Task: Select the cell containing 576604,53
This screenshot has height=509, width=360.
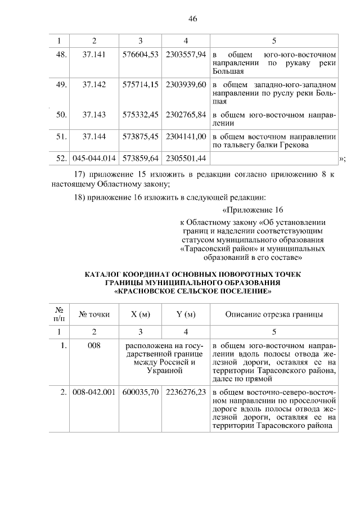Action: click(140, 54)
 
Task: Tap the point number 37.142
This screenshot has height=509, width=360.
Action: click(94, 84)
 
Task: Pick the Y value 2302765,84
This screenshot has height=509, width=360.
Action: click(186, 115)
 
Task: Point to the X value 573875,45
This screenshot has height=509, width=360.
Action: click(140, 136)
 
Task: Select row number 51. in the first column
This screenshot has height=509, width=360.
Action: click(61, 136)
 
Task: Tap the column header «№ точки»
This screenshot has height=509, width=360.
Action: click(94, 314)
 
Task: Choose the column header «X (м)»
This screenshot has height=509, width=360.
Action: click(140, 314)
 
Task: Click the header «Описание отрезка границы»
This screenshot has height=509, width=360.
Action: click(274, 314)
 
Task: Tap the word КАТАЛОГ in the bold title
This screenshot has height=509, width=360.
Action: click(106, 275)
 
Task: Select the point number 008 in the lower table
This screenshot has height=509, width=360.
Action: click(94, 345)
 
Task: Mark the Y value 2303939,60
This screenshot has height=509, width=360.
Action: click(186, 84)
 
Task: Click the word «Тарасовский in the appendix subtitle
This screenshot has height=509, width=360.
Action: click(205, 249)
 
